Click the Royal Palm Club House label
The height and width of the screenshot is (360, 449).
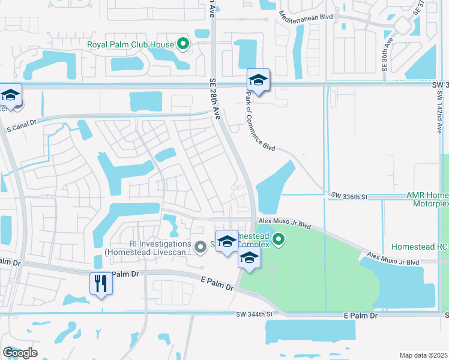[x=130, y=44]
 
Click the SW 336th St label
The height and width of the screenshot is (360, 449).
[x=348, y=196]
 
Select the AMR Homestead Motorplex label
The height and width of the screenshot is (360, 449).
[x=427, y=199]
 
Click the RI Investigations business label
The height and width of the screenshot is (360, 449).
[x=147, y=248]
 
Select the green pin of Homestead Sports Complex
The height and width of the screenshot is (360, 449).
[x=278, y=241]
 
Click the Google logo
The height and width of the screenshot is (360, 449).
[x=20, y=353]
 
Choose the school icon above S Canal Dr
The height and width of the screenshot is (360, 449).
[x=11, y=96]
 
